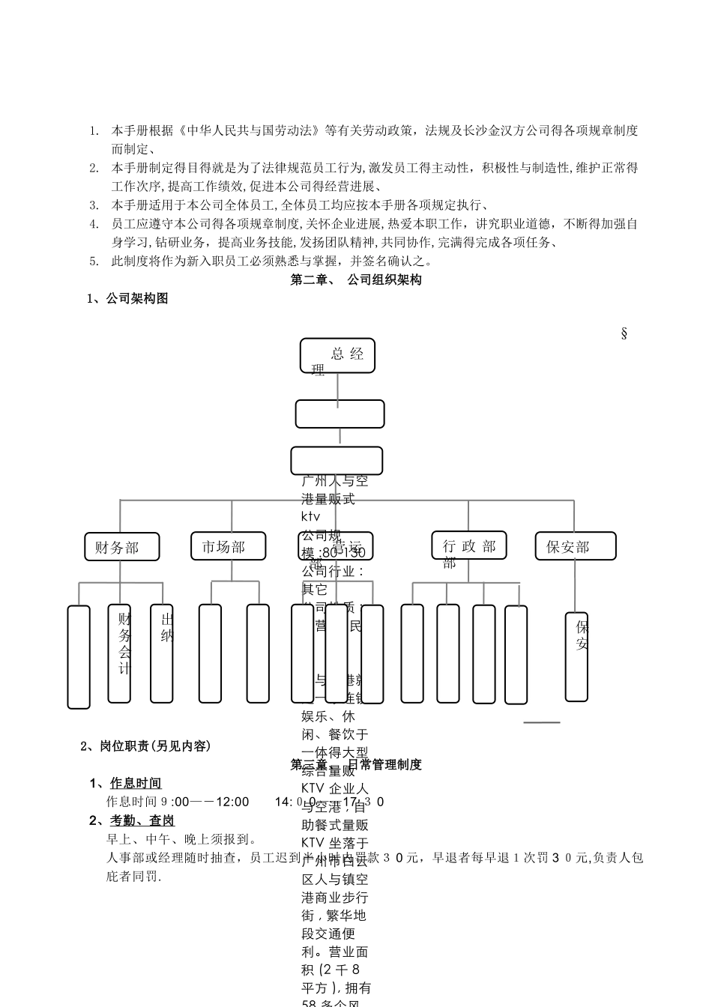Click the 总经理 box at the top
click(x=337, y=355)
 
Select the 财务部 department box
click(x=122, y=547)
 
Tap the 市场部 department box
click(x=229, y=546)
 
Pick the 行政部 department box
click(x=469, y=545)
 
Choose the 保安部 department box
click(x=576, y=546)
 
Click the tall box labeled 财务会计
click(x=120, y=653)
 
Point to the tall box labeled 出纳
click(x=162, y=653)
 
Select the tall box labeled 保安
click(x=576, y=656)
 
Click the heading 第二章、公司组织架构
click(x=356, y=279)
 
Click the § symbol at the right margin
click(x=624, y=333)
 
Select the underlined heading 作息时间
click(x=136, y=784)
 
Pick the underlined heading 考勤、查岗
click(x=142, y=820)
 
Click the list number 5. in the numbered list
click(x=94, y=261)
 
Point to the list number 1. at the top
click(x=94, y=130)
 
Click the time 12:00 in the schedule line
click(x=232, y=802)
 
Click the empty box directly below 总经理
click(x=340, y=414)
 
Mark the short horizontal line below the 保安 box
click(x=541, y=722)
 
